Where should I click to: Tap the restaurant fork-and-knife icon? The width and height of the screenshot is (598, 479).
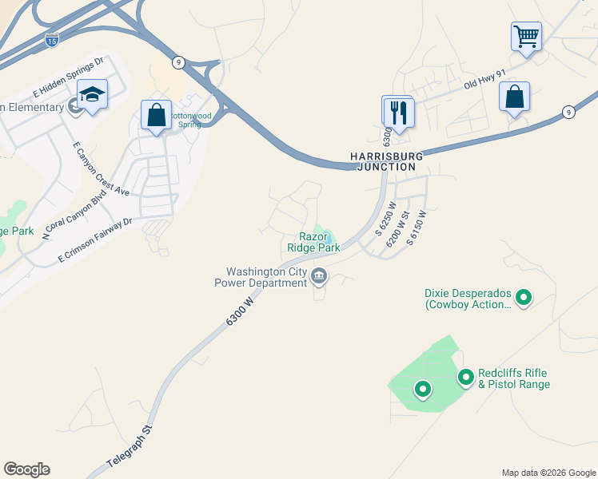(x=398, y=112)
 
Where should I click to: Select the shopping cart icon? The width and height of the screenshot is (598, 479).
(x=526, y=36)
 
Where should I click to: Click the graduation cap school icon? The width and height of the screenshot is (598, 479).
(x=93, y=95)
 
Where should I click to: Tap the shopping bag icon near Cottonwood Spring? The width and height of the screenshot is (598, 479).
(x=156, y=114)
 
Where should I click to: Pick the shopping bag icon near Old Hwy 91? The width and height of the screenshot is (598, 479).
(x=514, y=97)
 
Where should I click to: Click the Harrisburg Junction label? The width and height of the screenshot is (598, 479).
(x=384, y=161)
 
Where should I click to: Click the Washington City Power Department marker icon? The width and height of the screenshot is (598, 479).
(x=319, y=277)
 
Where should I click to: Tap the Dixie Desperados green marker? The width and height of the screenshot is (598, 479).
(x=524, y=299)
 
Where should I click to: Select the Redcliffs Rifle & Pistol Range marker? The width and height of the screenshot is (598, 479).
(x=465, y=377)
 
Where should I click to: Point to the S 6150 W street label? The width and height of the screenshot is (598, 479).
(x=417, y=225)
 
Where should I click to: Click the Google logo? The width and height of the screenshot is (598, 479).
(x=26, y=469)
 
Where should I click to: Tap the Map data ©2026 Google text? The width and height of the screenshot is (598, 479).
(x=548, y=473)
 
